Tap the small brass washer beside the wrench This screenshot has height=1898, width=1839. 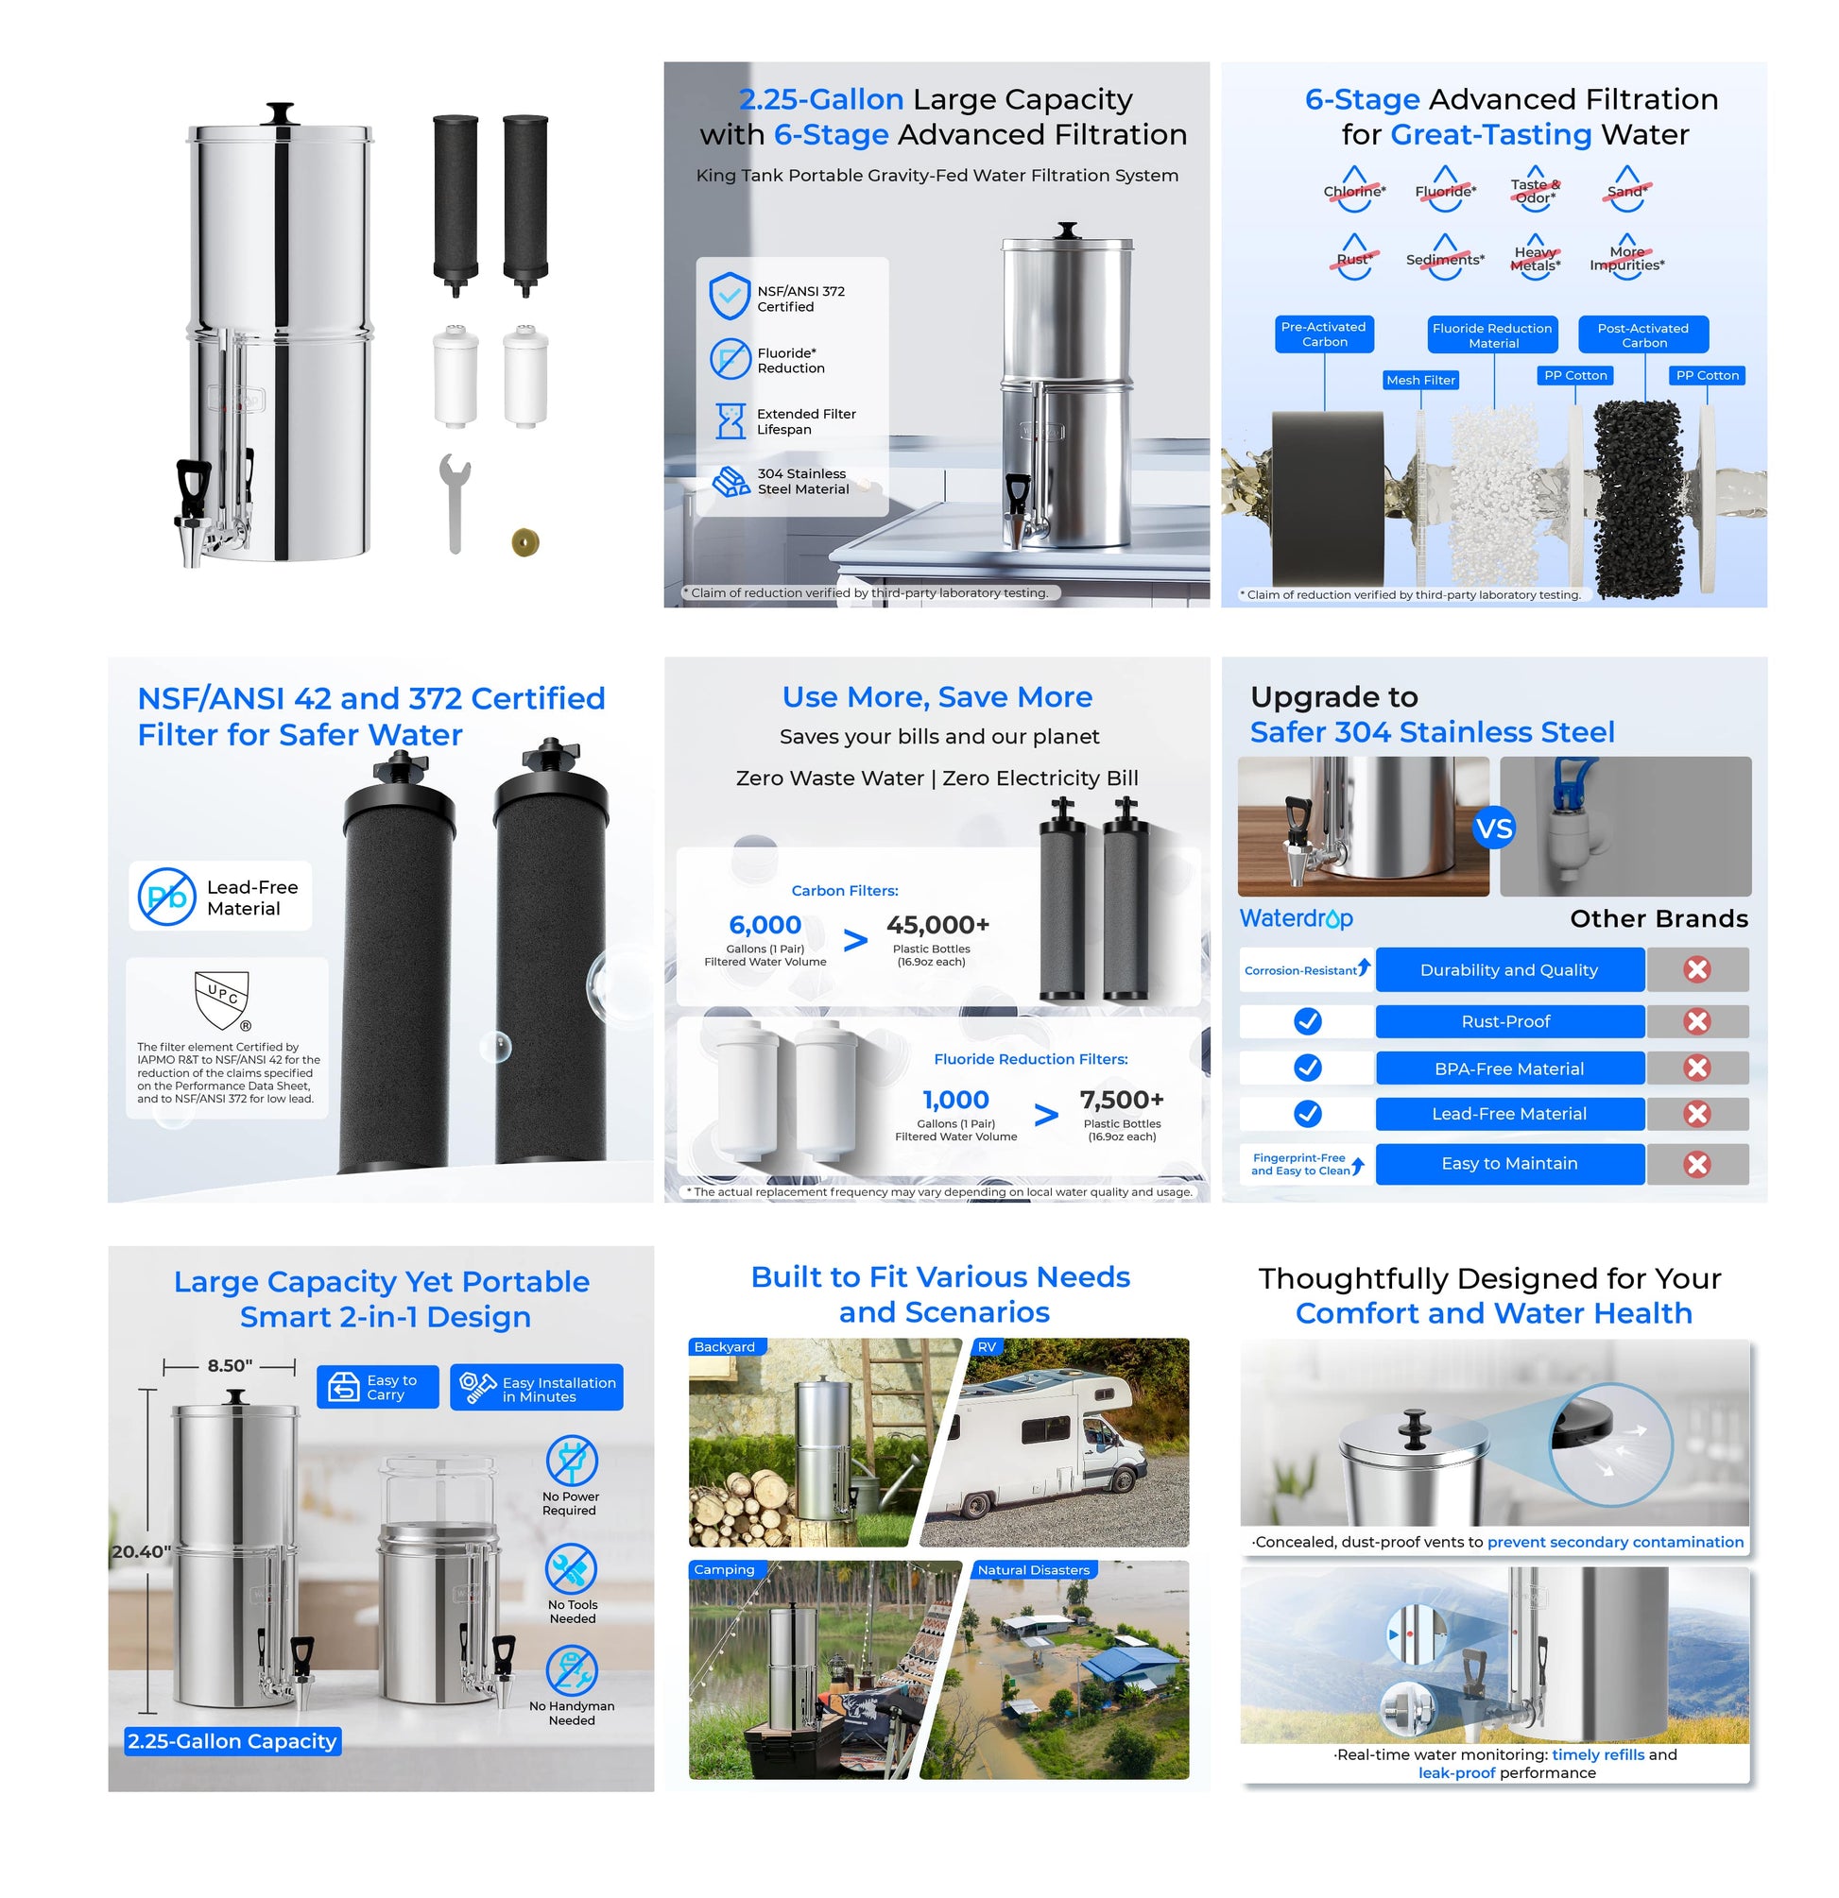524,542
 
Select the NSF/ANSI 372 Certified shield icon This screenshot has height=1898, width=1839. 730,296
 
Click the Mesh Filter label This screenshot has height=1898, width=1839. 1420,381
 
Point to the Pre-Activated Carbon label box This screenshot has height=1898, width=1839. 1324,334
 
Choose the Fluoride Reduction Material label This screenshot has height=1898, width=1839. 1492,335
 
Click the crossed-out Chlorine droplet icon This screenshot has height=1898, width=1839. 1354,189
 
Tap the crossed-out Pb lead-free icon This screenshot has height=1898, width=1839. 166,897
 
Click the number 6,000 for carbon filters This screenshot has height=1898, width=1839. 765,925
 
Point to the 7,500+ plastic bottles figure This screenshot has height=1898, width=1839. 1122,1099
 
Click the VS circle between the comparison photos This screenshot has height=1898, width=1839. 1493,829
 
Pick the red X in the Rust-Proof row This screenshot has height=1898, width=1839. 1696,1020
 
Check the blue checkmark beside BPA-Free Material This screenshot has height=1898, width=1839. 1307,1068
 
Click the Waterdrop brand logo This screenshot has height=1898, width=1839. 1297,918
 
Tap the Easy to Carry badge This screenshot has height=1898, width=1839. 378,1387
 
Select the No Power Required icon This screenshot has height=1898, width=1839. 572,1461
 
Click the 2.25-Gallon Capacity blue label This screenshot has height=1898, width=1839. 232,1740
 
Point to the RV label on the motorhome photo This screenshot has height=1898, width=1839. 987,1347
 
